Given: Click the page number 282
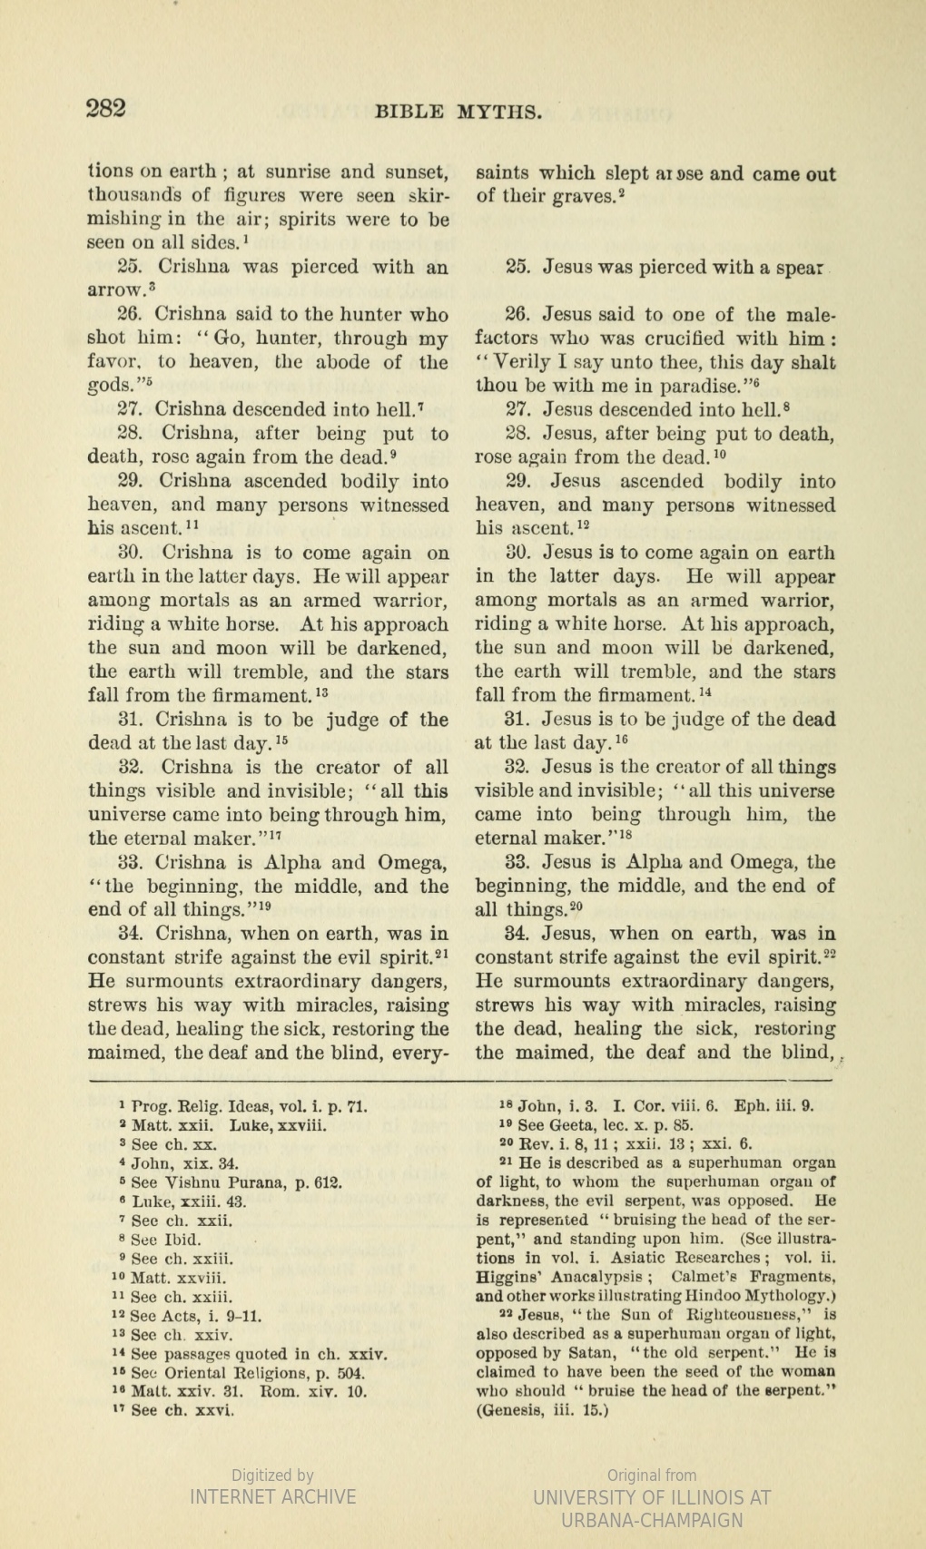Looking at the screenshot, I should point(105,109).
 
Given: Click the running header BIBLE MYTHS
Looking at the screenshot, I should point(458,113).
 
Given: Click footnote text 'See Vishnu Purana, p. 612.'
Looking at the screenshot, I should point(235,1182).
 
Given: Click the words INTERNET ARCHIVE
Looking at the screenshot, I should point(272,1497).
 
